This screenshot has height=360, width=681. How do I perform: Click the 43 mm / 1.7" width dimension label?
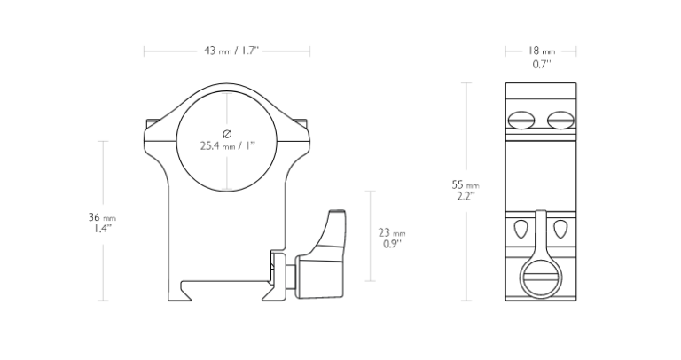click(x=231, y=51)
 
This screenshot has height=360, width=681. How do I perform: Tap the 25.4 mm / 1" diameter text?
click(x=227, y=145)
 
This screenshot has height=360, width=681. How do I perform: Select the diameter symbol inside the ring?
click(x=227, y=133)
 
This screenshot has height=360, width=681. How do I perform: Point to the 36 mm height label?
click(x=102, y=216)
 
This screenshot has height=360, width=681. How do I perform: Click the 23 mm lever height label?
click(x=392, y=233)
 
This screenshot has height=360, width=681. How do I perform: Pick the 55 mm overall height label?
click(x=466, y=184)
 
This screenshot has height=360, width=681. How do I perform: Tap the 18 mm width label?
click(x=541, y=51)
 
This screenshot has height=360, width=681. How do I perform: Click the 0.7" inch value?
click(x=542, y=64)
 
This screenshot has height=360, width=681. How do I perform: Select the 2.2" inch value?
click(x=466, y=196)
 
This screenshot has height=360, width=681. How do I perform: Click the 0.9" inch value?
click(x=392, y=244)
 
